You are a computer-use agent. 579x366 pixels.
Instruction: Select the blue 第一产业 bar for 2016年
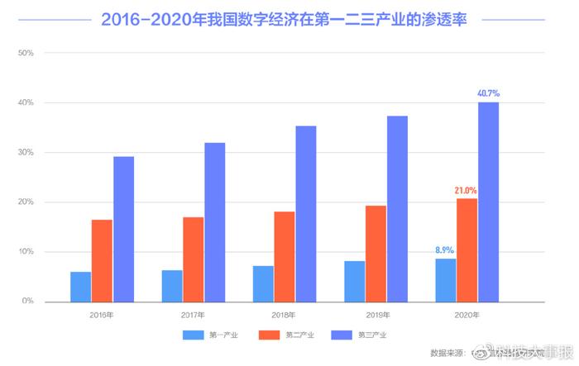(80, 287)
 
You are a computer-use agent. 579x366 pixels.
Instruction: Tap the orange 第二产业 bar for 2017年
(194, 259)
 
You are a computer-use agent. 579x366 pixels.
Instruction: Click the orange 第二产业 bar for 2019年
(376, 254)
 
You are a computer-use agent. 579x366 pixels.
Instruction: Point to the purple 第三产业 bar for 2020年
(488, 202)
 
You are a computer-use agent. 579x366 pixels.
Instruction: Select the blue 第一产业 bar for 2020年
(445, 280)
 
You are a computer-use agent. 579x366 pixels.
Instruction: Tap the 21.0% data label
(466, 191)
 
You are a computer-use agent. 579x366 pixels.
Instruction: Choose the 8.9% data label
(444, 250)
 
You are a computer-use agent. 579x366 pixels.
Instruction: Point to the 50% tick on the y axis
(25, 54)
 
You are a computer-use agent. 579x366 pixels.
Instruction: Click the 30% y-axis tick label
(25, 153)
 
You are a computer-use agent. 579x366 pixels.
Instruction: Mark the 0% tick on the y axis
(27, 302)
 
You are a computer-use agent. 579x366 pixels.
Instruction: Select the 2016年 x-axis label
(103, 315)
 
